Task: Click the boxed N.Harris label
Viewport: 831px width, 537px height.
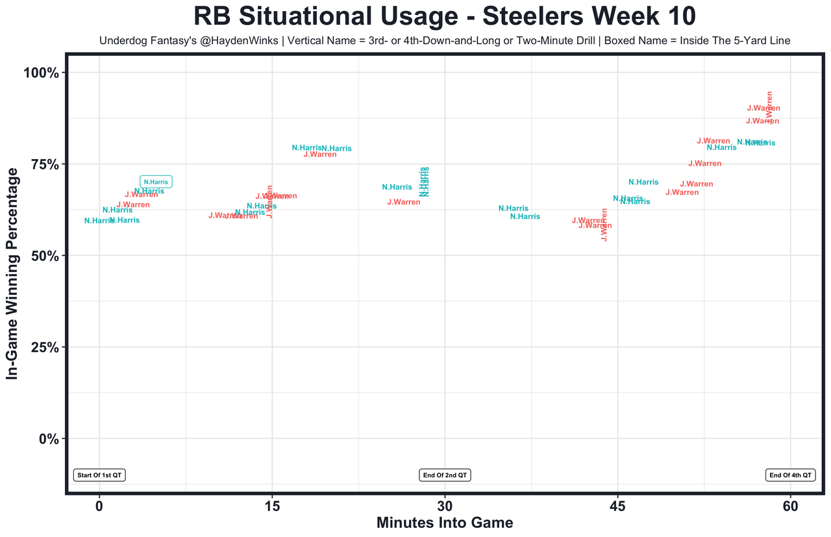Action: (156, 182)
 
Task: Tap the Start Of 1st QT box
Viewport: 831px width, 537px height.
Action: (99, 475)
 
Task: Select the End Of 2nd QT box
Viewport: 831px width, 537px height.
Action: (445, 475)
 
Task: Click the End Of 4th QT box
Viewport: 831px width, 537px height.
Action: (790, 475)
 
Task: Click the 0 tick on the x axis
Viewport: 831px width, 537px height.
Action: (99, 506)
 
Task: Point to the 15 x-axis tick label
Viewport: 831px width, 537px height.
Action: (272, 506)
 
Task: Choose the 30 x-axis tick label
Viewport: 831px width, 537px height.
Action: (445, 506)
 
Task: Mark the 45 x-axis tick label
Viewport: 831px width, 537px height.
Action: (617, 506)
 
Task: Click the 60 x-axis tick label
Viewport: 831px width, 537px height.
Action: (790, 506)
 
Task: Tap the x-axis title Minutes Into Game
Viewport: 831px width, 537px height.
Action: (445, 523)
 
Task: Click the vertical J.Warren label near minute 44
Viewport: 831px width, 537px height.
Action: (604, 225)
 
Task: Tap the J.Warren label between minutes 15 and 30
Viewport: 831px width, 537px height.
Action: (320, 155)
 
